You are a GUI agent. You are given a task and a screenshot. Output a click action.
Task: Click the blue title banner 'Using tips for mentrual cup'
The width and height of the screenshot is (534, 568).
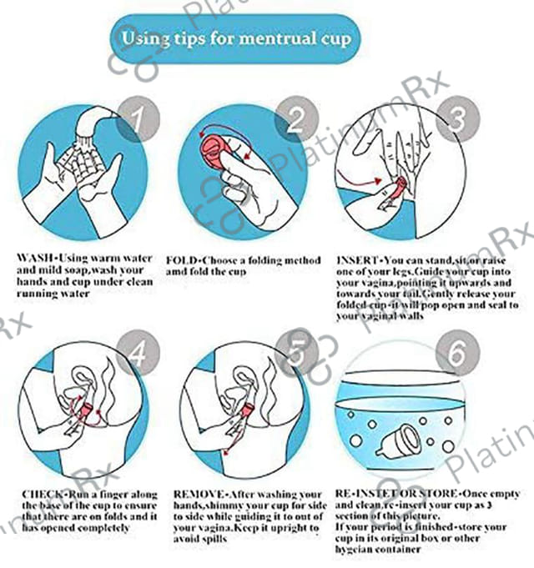pyautogui.click(x=235, y=39)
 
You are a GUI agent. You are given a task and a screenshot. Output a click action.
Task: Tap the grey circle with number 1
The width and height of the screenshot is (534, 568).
pyautogui.click(x=139, y=118)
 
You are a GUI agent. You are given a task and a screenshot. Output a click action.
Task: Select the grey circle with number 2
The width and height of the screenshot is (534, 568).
pyautogui.click(x=297, y=118)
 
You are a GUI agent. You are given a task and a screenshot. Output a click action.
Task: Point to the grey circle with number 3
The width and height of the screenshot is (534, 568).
pyautogui.click(x=457, y=118)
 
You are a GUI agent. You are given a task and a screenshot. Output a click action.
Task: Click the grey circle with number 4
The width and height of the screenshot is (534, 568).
pyautogui.click(x=139, y=353)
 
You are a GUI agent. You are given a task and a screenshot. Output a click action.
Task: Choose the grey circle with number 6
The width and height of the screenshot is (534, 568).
pyautogui.click(x=457, y=353)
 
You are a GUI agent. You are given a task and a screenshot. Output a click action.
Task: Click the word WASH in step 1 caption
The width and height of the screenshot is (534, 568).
pyautogui.click(x=35, y=259)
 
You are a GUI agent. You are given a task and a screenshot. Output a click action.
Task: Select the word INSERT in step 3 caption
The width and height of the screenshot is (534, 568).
pyautogui.click(x=357, y=260)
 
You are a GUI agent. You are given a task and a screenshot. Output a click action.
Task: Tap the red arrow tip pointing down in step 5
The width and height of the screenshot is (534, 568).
pyautogui.click(x=226, y=452)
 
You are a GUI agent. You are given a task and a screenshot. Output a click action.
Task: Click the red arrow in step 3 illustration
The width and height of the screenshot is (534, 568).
pyautogui.click(x=359, y=180)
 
